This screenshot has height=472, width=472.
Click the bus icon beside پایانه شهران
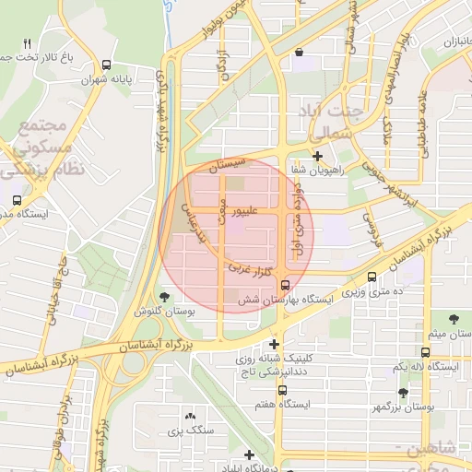[108, 65]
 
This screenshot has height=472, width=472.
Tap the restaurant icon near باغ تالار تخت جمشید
[27, 43]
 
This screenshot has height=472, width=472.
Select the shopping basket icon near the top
[299, 53]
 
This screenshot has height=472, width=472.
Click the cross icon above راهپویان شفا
[317, 156]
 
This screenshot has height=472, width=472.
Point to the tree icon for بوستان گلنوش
[164, 297]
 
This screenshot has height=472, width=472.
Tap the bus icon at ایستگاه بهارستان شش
[285, 285]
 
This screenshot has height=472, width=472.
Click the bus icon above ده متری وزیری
[372, 277]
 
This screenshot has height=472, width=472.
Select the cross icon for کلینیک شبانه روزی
[274, 343]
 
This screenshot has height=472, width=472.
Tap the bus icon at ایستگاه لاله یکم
[425, 352]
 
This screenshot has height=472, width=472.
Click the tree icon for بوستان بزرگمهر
[403, 393]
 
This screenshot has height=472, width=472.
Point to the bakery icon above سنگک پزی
[191, 417]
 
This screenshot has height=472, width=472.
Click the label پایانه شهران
[135, 80]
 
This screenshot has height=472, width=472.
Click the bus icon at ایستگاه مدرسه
[18, 199]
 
